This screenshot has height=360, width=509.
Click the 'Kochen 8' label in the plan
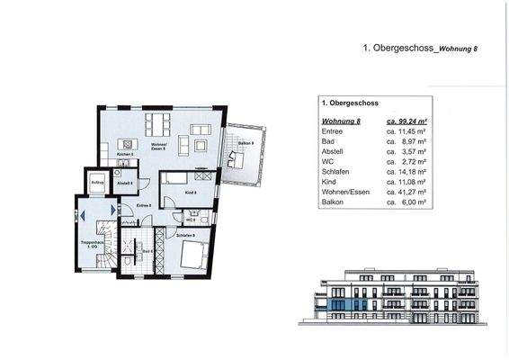[x=126, y=155]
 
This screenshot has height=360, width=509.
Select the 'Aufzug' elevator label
[x=98, y=183]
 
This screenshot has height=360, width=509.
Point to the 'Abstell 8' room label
[x=127, y=183]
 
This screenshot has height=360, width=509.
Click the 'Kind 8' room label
[x=190, y=193]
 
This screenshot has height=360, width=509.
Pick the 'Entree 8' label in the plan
[x=143, y=205]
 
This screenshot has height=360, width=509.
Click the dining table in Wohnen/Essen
[x=159, y=123]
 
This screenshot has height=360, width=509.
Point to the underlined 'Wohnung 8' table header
[x=341, y=120]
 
